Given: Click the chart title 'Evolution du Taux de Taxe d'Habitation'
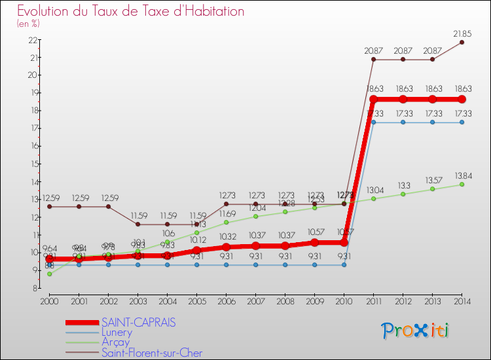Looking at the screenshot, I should coord(131,11).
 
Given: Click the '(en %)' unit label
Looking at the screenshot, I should coord(28,24).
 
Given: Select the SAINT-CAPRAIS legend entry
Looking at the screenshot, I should coord(138,323).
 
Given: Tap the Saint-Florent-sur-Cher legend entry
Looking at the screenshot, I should coord(152,353).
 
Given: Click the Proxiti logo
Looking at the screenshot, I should coord(416,331).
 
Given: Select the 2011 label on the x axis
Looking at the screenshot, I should coord(373,300).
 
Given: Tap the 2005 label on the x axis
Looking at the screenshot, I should coord(196,300).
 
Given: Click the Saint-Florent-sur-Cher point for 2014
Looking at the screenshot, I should coord(462,42).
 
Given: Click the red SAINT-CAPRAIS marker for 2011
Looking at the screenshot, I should coord(373,99).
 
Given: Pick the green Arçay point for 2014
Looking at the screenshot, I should coord(462,185).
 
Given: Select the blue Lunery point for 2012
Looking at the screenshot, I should coord(403,122).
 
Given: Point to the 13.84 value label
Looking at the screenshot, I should coord(462,175).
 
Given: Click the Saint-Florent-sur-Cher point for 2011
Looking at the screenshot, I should coord(373,60).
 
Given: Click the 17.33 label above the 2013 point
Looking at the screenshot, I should coord(432,113).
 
